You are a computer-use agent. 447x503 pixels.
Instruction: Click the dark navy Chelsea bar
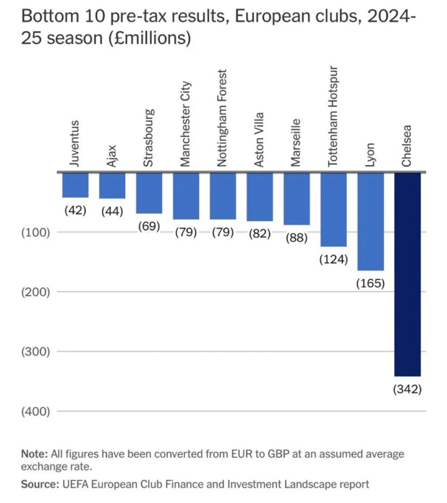[x=407, y=273]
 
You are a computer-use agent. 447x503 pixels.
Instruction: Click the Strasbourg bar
[x=149, y=193]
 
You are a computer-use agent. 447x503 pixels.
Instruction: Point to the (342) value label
[x=407, y=389]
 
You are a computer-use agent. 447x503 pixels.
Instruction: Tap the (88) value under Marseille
[x=297, y=238]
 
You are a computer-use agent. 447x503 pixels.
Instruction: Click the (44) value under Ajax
[x=112, y=211]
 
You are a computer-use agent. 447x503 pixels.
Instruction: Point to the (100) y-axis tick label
[x=35, y=232]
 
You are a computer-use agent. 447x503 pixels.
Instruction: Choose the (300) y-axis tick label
[x=35, y=352]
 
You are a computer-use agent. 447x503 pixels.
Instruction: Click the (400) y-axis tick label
[x=35, y=411]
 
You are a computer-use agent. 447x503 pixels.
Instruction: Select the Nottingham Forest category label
[x=223, y=118]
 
